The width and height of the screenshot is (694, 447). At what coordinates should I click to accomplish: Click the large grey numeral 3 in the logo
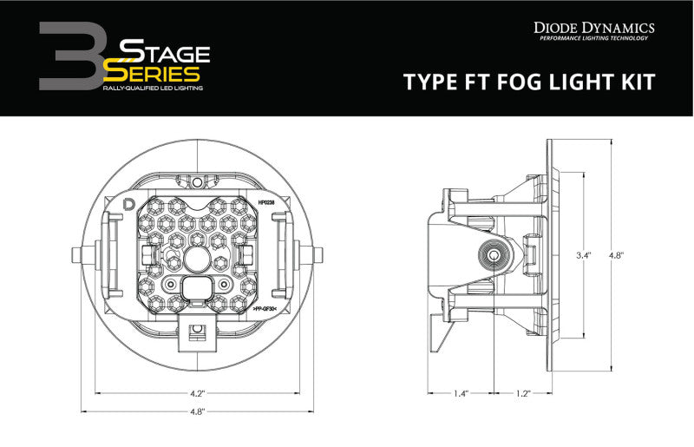[x=75, y=56]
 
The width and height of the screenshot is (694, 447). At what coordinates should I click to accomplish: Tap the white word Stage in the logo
[x=165, y=49]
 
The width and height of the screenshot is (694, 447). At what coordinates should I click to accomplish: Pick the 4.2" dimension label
[x=199, y=393]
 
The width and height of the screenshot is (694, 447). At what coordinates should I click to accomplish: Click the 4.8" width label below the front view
[x=199, y=411]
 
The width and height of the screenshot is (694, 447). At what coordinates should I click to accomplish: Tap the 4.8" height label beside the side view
[x=617, y=256]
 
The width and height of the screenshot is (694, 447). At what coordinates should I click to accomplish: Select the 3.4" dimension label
[x=585, y=256]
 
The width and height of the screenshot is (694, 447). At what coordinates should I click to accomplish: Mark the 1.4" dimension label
[x=460, y=393]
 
